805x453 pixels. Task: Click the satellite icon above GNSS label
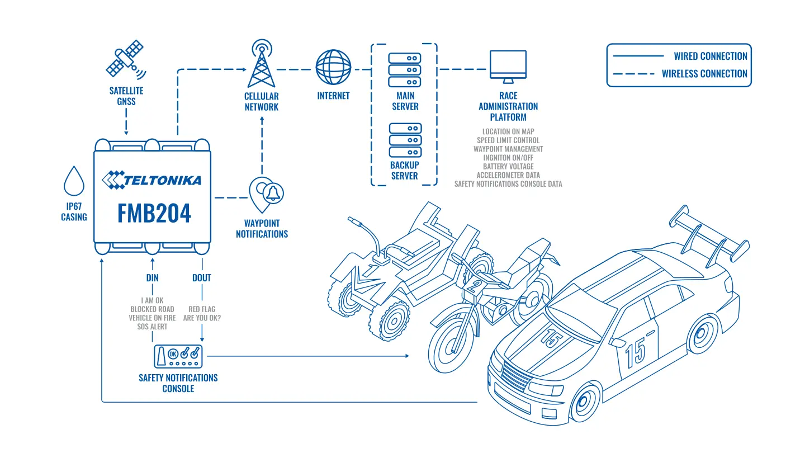click(x=126, y=59)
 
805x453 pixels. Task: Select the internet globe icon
click(x=333, y=67)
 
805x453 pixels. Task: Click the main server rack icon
click(x=404, y=70)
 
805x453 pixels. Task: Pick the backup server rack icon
click(x=405, y=140)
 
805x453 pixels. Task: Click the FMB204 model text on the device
click(x=154, y=214)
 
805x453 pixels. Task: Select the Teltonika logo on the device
click(x=151, y=180)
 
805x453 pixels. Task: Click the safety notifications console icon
click(x=178, y=356)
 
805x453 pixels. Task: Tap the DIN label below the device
click(x=153, y=278)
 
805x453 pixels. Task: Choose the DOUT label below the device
click(x=202, y=278)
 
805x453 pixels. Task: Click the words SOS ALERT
click(x=153, y=327)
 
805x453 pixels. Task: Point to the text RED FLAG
click(x=202, y=309)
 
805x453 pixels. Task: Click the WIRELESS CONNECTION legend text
click(x=704, y=74)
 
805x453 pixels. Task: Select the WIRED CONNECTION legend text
click(x=711, y=56)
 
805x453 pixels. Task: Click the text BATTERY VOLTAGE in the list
click(x=508, y=167)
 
